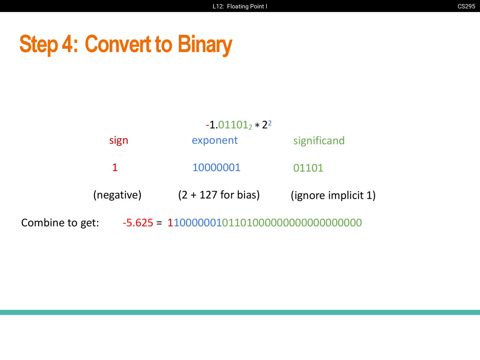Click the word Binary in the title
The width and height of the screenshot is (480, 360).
205,44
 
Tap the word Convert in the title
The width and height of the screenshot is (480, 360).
118,44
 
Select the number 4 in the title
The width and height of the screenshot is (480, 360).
67,44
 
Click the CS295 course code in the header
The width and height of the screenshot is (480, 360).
466,6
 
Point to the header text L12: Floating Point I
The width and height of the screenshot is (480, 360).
240,6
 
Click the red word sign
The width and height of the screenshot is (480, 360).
119,141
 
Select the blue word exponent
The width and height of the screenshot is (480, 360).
214,141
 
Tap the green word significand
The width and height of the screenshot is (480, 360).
319,141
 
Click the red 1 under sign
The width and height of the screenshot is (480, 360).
115,168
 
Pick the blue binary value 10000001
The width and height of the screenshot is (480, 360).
216,168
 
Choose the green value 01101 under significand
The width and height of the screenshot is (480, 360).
308,168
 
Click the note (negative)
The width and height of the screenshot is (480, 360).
117,195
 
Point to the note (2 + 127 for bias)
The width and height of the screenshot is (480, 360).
219,195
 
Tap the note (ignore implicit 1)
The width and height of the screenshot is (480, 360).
333,195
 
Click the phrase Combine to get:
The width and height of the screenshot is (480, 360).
60,223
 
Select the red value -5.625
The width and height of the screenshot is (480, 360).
138,223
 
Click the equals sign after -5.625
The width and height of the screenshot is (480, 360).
159,223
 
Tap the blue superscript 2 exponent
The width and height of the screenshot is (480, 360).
270,123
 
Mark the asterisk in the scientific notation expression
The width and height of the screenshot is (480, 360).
257,126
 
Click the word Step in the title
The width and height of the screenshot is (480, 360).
39,44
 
